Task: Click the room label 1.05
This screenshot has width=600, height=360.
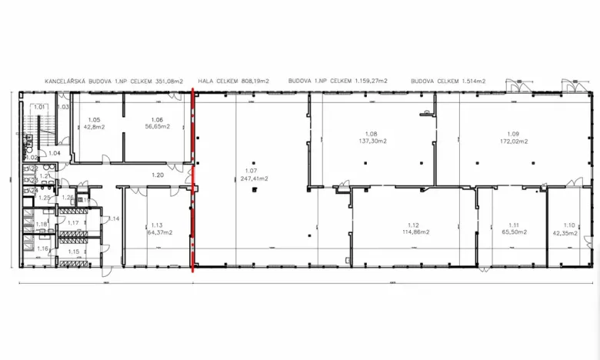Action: click(x=94, y=120)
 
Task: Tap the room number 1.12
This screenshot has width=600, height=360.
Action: click(x=412, y=224)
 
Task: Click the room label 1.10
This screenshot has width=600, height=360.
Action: click(x=569, y=224)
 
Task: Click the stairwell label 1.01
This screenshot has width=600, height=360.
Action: click(x=40, y=107)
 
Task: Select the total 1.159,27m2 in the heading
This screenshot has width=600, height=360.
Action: click(x=370, y=80)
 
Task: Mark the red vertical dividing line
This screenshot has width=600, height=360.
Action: click(x=192, y=181)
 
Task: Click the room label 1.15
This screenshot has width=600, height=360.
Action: click(x=74, y=252)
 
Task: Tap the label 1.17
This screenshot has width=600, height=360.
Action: click(x=74, y=223)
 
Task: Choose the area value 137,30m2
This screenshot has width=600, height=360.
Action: click(x=372, y=142)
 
